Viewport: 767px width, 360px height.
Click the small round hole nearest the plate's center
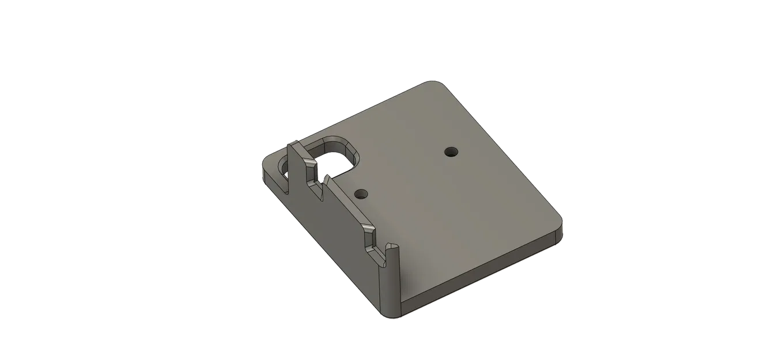tap(450, 152)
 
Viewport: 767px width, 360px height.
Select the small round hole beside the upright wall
tap(361, 193)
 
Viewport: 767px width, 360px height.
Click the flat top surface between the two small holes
tap(406, 173)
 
